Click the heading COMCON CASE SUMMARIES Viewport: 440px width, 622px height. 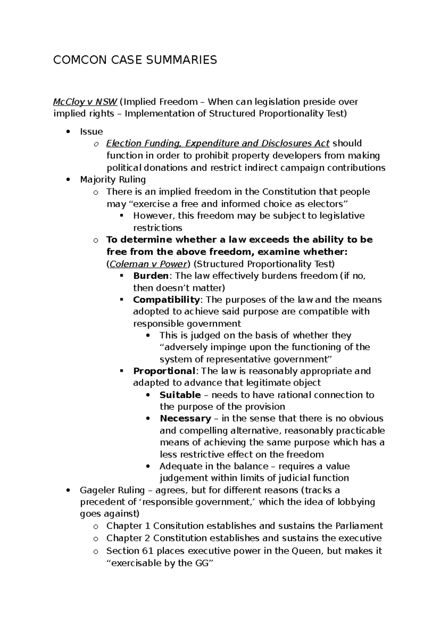pos(135,60)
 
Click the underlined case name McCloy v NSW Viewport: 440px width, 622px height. pos(85,102)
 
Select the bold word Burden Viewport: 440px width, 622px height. pos(151,276)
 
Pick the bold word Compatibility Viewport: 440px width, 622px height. pos(166,300)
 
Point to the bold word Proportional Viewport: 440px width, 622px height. pos(164,371)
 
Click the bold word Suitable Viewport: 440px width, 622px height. pos(180,395)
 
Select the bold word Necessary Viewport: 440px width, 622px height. pos(185,418)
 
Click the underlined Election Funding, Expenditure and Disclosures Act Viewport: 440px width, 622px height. pos(218,143)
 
